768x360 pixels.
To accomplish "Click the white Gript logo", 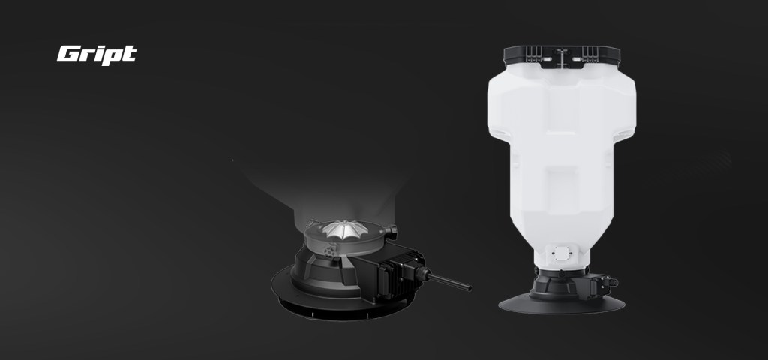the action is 97,55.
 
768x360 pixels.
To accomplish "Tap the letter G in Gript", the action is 67,53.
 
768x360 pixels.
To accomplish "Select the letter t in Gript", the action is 129,53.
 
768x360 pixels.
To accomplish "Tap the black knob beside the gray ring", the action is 390,232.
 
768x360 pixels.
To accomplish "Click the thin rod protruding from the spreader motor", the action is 449,282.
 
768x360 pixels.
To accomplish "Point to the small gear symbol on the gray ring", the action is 330,250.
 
